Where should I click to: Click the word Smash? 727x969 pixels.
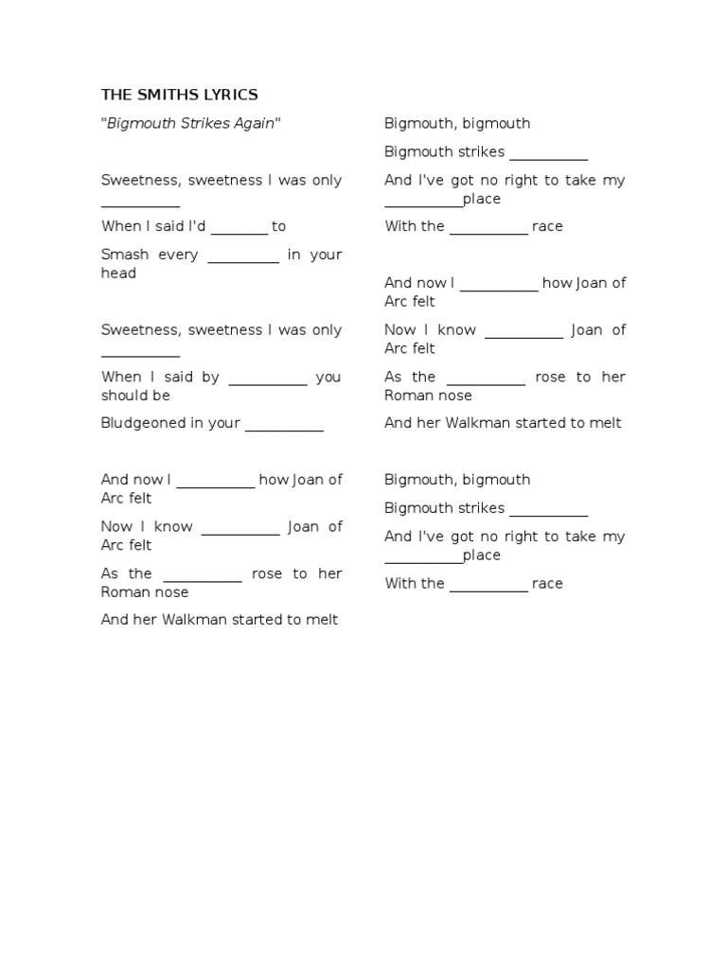[x=124, y=255]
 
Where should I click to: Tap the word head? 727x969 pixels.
[x=118, y=273]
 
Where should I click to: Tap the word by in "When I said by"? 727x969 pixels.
[x=210, y=377]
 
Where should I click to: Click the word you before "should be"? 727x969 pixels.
[x=328, y=377]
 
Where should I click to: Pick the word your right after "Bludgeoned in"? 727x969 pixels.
[x=224, y=423]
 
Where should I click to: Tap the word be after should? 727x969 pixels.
[x=162, y=396]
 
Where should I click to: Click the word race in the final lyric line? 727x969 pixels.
[x=547, y=584]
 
